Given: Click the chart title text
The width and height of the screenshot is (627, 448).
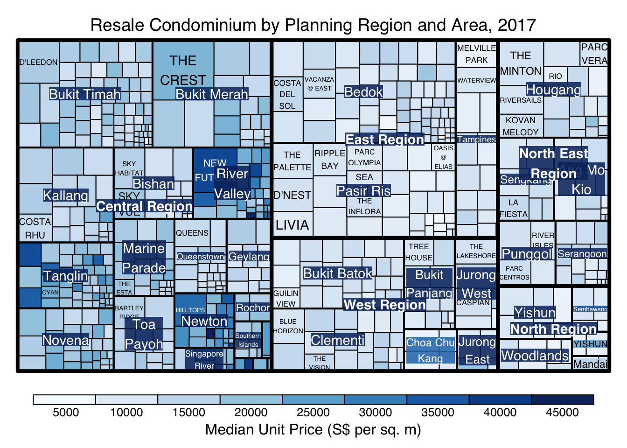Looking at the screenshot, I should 313,25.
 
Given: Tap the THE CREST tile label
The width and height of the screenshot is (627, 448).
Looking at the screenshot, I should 183,70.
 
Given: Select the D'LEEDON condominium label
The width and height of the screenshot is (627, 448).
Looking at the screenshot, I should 39,62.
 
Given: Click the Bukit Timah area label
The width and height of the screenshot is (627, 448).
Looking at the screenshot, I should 85,94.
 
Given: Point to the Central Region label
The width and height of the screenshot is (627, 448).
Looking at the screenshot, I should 144,206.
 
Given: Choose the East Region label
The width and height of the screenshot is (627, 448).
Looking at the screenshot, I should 384,140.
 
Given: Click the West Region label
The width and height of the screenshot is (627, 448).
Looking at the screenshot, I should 384,305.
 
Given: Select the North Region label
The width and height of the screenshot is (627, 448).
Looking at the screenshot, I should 553,329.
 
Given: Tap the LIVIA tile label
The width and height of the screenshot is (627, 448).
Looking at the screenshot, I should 292,225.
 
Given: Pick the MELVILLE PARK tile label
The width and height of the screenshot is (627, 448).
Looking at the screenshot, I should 476,54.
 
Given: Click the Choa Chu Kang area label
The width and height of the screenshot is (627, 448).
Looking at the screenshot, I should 430,350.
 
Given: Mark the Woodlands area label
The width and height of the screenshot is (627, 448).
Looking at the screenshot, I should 535,356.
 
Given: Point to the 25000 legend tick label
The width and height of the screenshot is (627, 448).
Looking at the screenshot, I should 313,413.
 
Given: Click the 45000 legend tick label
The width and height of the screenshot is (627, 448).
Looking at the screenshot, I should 562,413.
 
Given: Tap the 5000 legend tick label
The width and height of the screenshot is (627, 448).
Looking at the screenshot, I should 66,413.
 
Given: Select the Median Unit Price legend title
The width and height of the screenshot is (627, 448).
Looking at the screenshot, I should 313,429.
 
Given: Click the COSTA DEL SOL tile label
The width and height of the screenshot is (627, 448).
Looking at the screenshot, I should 287,94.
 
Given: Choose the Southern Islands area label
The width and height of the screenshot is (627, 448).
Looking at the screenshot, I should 248,340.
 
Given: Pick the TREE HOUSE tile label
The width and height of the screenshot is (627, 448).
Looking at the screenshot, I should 418,252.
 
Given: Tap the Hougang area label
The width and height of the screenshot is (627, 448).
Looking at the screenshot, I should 553,90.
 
